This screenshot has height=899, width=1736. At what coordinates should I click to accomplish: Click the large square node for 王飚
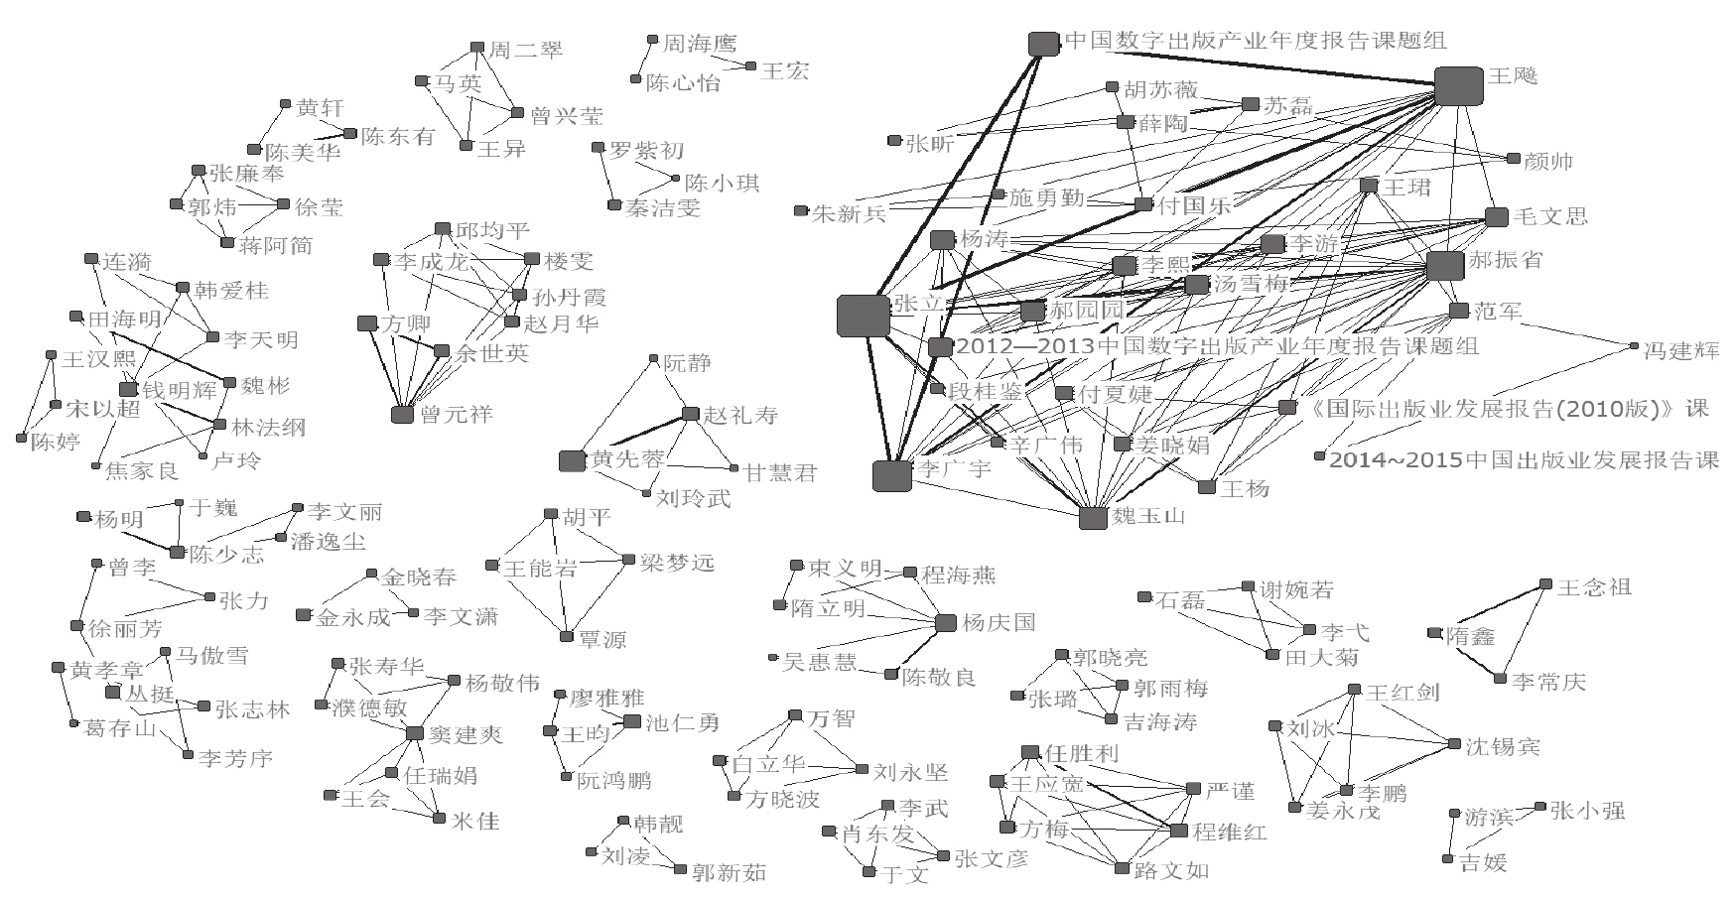pyautogui.click(x=1458, y=85)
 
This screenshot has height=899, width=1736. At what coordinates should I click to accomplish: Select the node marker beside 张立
pyautogui.click(x=863, y=315)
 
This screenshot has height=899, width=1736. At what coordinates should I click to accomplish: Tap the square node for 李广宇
pyautogui.click(x=891, y=475)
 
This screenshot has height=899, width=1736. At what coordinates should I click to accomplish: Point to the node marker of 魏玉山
pyautogui.click(x=1093, y=518)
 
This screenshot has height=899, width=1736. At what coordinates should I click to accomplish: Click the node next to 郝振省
pyautogui.click(x=1444, y=266)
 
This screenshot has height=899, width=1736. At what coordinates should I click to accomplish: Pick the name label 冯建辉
pyautogui.click(x=1681, y=350)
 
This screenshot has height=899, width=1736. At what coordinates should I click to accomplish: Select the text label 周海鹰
pyautogui.click(x=700, y=44)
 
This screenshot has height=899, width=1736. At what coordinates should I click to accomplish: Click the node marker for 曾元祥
pyautogui.click(x=402, y=415)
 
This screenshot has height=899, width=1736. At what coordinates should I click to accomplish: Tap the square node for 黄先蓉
pyautogui.click(x=572, y=460)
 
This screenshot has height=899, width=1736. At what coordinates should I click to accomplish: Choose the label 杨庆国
pyautogui.click(x=999, y=623)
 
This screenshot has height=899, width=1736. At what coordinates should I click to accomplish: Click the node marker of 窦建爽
pyautogui.click(x=416, y=733)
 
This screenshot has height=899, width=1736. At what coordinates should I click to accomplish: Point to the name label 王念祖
pyautogui.click(x=1594, y=587)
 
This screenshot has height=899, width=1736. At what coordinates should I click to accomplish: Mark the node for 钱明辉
pyautogui.click(x=128, y=390)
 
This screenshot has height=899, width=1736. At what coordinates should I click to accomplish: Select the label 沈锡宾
pyautogui.click(x=1503, y=746)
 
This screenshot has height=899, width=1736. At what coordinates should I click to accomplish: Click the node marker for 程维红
pyautogui.click(x=1179, y=832)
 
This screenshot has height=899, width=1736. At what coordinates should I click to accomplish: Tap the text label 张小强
pyautogui.click(x=1588, y=811)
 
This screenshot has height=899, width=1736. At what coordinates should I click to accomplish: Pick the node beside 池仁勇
pyautogui.click(x=632, y=721)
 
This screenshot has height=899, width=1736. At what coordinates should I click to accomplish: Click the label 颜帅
pyautogui.click(x=1549, y=162)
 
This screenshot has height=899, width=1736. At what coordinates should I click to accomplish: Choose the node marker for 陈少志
pyautogui.click(x=178, y=552)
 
